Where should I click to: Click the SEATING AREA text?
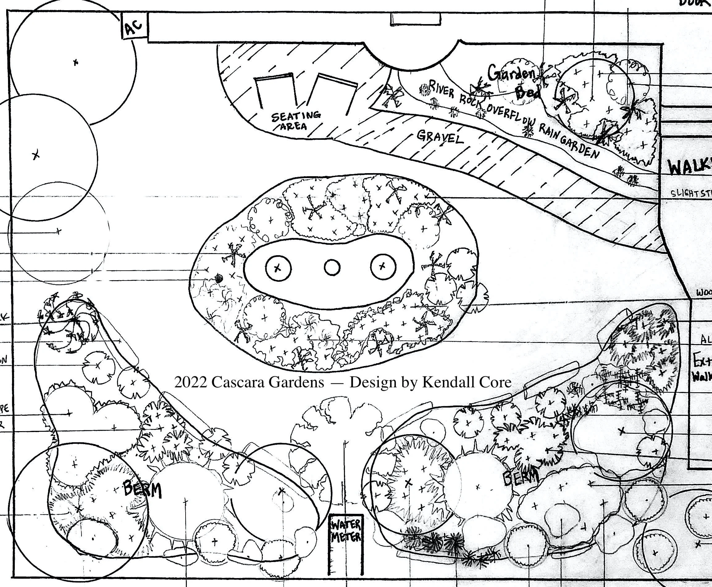point(295,121)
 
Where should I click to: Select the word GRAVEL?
point(440,137)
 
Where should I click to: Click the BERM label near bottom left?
point(142,489)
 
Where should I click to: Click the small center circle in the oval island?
point(332,268)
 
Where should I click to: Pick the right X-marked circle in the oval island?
point(383,266)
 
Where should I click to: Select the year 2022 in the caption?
point(190,382)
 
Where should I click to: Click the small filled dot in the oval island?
point(219,279)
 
